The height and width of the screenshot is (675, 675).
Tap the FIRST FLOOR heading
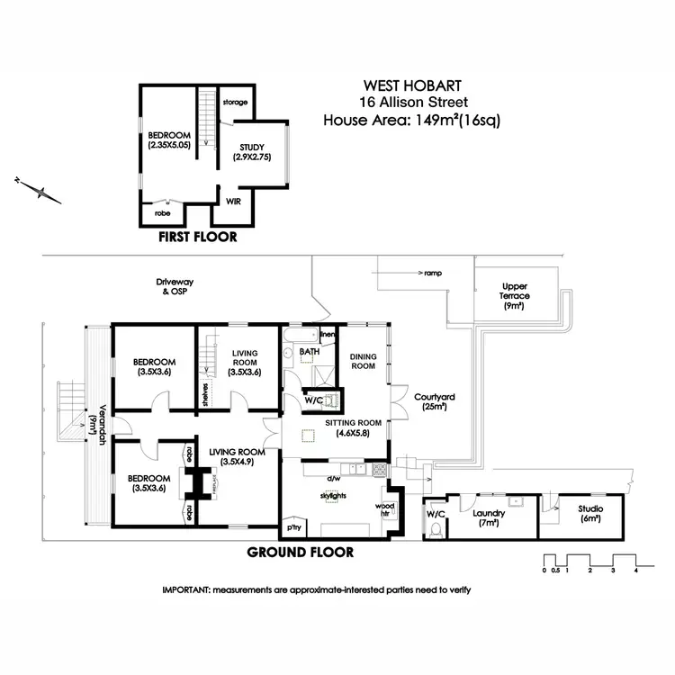197,238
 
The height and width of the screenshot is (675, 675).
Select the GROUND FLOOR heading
300,552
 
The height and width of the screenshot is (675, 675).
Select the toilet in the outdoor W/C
435,531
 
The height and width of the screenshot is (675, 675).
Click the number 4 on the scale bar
635,570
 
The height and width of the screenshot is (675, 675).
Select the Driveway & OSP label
175,287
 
